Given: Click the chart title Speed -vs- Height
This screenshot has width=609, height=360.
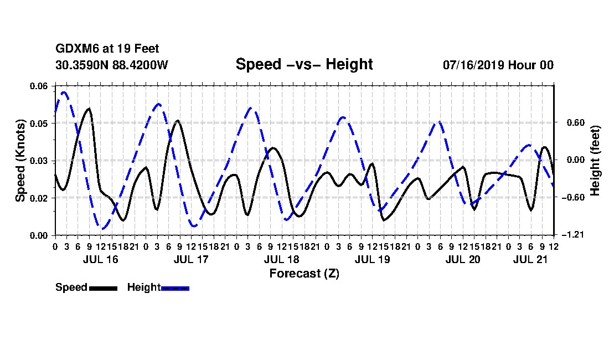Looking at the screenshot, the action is point(304,64).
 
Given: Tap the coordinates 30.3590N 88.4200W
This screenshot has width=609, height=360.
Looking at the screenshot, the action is point(112,65).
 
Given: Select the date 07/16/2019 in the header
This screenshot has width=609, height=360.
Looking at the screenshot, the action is point(473,65).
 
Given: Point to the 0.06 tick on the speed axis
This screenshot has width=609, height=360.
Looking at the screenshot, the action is point(38,86).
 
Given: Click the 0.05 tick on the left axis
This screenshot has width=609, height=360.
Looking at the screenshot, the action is point(38,124).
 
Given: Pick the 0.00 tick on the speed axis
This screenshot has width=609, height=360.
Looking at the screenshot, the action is point(38,235).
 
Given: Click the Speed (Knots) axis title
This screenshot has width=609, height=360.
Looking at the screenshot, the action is point(20,161).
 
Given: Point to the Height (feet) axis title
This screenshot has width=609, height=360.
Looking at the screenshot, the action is point(595,161).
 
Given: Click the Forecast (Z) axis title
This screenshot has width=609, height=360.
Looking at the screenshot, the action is point(304,274).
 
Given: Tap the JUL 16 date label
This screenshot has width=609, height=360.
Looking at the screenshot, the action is point(101,259).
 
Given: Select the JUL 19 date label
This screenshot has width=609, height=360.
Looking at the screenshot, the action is point(372,259).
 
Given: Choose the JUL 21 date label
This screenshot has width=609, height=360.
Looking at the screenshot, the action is point(530,259).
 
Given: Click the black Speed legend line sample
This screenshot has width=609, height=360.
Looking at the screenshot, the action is point(104,288).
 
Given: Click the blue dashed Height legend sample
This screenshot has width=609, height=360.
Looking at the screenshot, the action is point(175,288).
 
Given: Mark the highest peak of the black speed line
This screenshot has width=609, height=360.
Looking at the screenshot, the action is point(89,109).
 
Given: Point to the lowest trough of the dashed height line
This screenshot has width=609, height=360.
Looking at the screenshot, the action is point(102,229).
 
